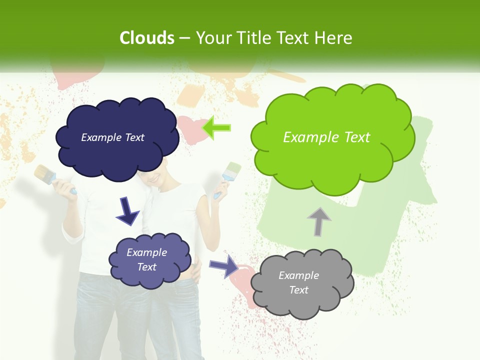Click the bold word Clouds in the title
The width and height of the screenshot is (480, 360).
147,37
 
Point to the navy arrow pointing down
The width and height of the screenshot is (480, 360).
127,211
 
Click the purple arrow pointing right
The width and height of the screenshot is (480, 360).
224,265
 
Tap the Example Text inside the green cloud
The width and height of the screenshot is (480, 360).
326,137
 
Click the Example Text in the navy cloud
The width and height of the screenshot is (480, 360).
112,137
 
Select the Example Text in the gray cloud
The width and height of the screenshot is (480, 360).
298,282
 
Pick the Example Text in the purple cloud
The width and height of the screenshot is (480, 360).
146,259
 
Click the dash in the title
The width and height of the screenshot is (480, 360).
184,38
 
